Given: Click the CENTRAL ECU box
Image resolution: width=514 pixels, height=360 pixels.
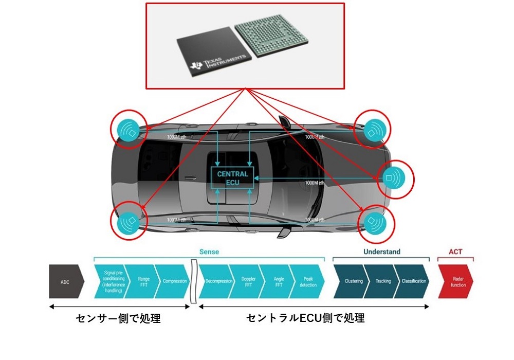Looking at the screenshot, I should [232, 178].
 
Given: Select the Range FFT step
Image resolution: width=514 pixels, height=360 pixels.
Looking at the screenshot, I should [143, 281].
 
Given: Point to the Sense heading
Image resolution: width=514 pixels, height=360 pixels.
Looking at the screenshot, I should [209, 252].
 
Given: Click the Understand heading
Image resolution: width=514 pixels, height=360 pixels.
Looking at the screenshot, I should [381, 252].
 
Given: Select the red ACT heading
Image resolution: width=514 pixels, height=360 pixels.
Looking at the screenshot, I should [455, 252].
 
